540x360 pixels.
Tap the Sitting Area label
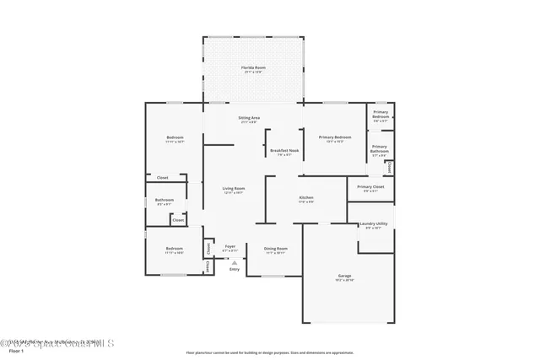pos(249,118)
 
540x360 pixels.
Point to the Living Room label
pos(234,189)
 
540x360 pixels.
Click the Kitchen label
pos(306,198)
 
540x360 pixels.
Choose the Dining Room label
pos(277,249)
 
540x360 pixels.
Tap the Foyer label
pos(229,247)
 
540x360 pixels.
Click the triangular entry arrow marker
pos(234,262)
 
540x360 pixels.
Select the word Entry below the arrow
pos(234,269)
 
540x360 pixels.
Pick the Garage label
pos(344,276)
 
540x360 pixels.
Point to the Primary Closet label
pos(370,187)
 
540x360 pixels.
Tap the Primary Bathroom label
pos(381,152)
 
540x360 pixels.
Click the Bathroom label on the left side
pos(165,200)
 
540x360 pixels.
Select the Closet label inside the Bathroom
pos(178,220)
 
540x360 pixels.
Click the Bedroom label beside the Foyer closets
pos(174,249)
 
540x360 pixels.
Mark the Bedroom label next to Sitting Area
pos(175,137)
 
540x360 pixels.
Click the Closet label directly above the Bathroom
pos(162,178)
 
